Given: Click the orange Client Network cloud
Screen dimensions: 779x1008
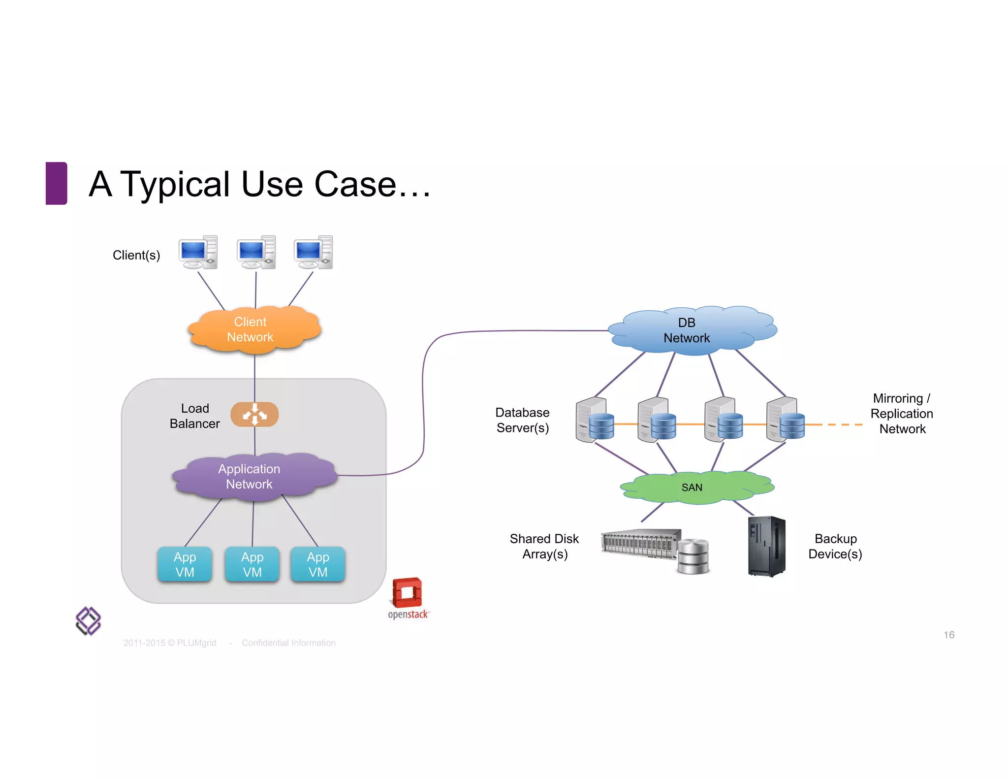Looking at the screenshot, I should [x=254, y=329].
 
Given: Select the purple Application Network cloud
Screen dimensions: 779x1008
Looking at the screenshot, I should [x=253, y=476].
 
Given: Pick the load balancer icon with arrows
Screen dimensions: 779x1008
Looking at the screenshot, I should [x=254, y=414].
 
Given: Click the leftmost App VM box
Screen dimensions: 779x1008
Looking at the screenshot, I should [x=185, y=564].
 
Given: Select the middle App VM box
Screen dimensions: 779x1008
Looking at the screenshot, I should [x=252, y=564].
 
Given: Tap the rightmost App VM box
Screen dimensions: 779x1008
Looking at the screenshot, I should [x=318, y=564].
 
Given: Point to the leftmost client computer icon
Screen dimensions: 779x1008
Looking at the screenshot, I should [x=198, y=252].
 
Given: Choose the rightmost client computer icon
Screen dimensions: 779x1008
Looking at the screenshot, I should [x=314, y=252].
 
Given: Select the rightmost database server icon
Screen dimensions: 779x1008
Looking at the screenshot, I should [x=785, y=420].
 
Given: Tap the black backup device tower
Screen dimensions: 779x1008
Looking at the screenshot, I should [x=766, y=546].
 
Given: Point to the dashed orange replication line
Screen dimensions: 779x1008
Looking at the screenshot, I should [x=843, y=424].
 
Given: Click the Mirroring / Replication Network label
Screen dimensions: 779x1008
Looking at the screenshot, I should [x=902, y=414].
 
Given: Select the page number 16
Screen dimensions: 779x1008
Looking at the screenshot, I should [x=948, y=635].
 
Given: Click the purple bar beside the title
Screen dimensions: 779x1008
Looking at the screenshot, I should [x=56, y=183].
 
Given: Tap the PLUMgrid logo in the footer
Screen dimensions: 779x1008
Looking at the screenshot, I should [x=88, y=621].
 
